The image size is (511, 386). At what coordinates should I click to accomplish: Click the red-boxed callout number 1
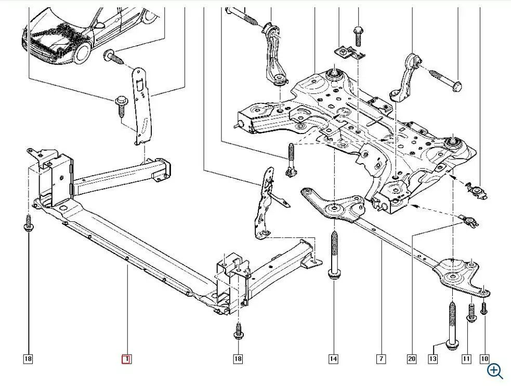[x=126, y=358]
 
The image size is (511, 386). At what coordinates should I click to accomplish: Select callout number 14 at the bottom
[x=333, y=358]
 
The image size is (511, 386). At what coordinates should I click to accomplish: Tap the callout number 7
[x=382, y=358]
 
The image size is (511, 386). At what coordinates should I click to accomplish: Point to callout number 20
[x=412, y=358]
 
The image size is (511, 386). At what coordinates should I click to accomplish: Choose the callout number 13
[x=433, y=358]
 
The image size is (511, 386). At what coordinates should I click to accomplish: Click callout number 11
[x=466, y=358]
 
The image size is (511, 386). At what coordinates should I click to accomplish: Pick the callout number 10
[x=484, y=358]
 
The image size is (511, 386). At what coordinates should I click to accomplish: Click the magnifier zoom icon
[x=495, y=370]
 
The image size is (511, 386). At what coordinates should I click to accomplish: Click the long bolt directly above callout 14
[x=333, y=255]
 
